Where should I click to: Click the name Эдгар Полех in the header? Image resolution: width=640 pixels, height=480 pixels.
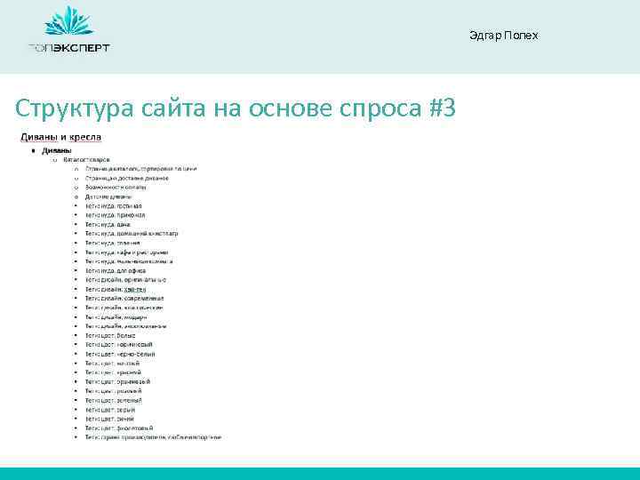click(503, 35)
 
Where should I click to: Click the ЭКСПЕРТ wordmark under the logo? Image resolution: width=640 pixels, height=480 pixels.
click(81, 48)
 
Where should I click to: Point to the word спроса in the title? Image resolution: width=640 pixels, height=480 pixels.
click(377, 109)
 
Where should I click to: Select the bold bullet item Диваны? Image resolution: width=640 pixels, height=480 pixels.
click(57, 149)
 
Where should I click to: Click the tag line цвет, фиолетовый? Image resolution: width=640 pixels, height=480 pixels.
click(125, 428)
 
